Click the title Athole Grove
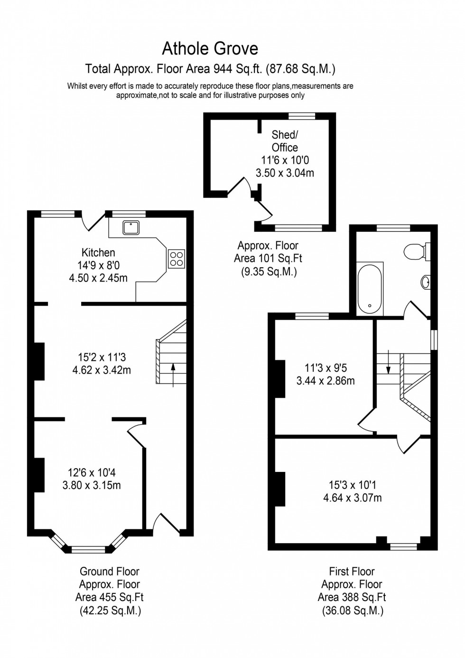coord(210,49)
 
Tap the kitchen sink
coord(131,227)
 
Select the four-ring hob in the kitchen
coord(177,259)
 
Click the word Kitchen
coord(98,253)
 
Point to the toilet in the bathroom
coord(417,252)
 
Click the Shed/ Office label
coord(285,141)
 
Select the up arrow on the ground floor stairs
coord(173,375)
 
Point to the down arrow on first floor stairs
coord(389,362)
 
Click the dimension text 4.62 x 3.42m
coord(102,370)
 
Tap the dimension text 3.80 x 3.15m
coord(92,485)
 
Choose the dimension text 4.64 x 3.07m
coord(352,498)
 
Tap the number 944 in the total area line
coord(223,69)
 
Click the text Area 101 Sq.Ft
coord(268,258)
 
